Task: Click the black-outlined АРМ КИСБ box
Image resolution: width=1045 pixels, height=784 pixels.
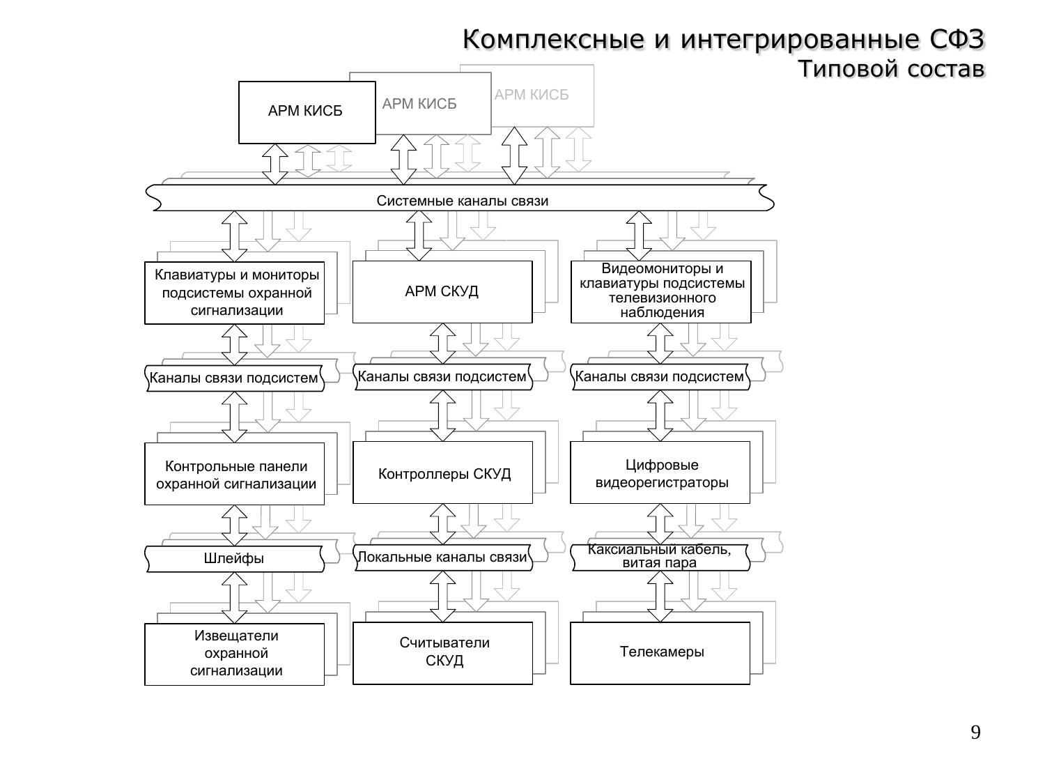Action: (307, 112)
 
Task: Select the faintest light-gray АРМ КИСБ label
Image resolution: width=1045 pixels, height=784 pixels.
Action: (532, 95)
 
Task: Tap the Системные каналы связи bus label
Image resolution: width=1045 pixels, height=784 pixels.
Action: (463, 201)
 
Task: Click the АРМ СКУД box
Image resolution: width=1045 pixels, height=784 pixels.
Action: (442, 291)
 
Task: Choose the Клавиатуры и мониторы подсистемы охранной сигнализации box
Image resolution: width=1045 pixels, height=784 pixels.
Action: (235, 293)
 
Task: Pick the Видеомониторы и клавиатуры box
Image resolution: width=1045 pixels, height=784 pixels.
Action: (661, 291)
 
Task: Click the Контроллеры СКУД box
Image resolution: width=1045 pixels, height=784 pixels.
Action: (443, 473)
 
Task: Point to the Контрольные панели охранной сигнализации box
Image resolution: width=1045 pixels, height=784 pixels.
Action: (235, 474)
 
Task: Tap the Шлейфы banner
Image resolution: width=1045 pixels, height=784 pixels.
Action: (234, 558)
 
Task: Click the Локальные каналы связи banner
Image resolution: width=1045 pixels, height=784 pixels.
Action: (442, 558)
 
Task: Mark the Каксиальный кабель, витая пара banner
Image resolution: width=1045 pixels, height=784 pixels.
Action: (660, 557)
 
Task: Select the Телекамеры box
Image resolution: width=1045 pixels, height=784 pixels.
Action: (660, 652)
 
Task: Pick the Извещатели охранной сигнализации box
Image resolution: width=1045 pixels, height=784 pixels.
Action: (235, 654)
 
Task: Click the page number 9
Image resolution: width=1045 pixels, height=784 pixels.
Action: (975, 732)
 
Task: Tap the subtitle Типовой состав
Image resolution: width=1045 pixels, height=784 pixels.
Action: (891, 70)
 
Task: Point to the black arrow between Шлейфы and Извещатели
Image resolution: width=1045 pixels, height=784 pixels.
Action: (234, 597)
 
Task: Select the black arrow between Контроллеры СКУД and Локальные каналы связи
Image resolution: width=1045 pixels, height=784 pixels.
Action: (443, 524)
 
